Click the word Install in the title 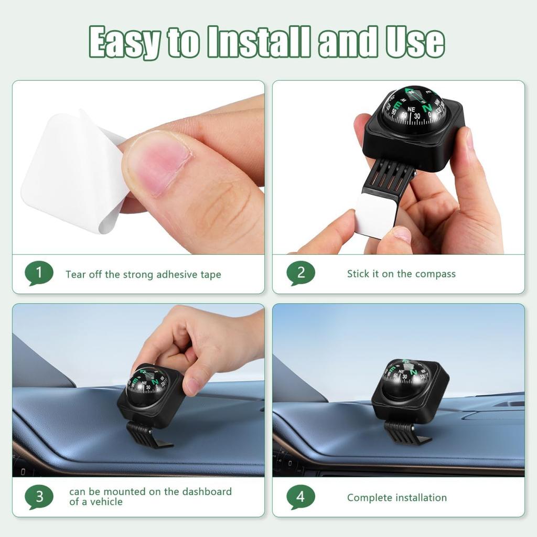[260, 42]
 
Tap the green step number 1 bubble [39, 273]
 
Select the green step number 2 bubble [300, 273]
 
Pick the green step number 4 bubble [300, 497]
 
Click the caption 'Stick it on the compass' [401, 274]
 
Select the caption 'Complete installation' [396, 498]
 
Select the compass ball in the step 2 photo [414, 110]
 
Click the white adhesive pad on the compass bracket [376, 214]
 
